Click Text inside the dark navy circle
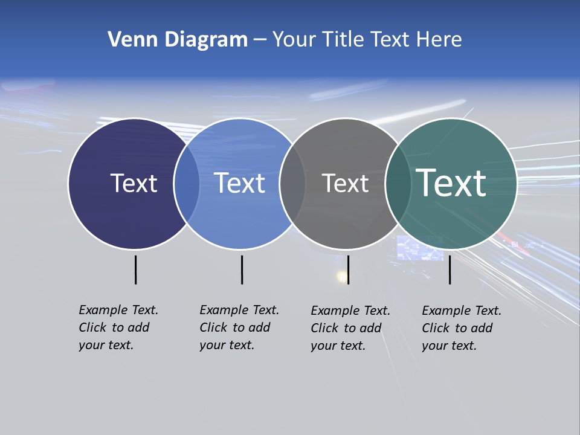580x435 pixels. click(134, 183)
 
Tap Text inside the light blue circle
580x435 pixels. click(240, 183)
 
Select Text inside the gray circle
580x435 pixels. click(345, 183)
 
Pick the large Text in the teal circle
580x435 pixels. click(451, 183)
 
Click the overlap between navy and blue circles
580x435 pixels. click(187, 184)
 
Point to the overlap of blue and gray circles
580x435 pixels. click(292, 184)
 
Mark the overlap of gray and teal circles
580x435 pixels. click(398, 184)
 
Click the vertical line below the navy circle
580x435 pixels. click(135, 269)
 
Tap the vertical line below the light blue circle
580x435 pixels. click(242, 269)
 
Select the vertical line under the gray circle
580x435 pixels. click(348, 269)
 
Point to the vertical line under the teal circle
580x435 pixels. click(449, 269)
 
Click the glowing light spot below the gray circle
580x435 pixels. click(343, 277)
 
